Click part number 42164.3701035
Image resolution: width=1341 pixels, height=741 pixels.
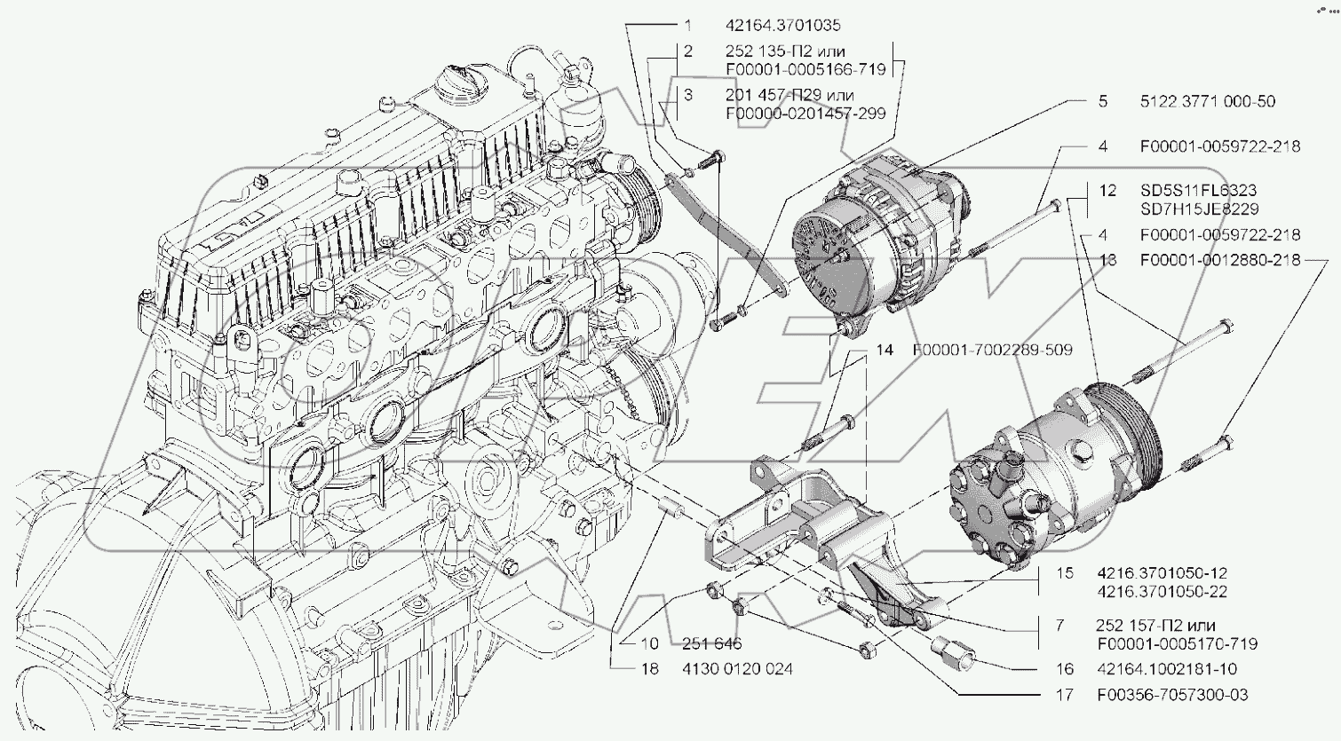(783, 25)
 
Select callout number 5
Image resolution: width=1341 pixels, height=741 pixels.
(1103, 101)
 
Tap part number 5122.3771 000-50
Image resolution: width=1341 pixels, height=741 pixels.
(1208, 101)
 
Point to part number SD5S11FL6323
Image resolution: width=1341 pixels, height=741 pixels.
(1199, 190)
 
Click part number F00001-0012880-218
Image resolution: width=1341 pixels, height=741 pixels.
(1220, 260)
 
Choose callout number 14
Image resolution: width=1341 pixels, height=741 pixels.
(885, 350)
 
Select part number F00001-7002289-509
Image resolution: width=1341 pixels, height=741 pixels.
(993, 350)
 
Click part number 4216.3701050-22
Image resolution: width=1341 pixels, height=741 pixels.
(1162, 592)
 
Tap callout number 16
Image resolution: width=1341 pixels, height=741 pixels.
(1065, 668)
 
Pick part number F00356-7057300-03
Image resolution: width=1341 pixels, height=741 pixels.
(1173, 695)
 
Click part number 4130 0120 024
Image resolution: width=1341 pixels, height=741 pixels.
(737, 668)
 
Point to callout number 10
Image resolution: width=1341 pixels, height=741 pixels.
(649, 643)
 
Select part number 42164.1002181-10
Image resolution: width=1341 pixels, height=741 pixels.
(1167, 668)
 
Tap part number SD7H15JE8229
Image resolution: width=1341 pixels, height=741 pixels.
(1200, 209)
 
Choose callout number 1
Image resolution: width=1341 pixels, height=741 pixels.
(688, 25)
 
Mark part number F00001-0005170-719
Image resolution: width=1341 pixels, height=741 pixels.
(1178, 644)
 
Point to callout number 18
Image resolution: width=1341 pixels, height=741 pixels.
(649, 668)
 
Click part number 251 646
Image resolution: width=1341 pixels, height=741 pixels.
(712, 643)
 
